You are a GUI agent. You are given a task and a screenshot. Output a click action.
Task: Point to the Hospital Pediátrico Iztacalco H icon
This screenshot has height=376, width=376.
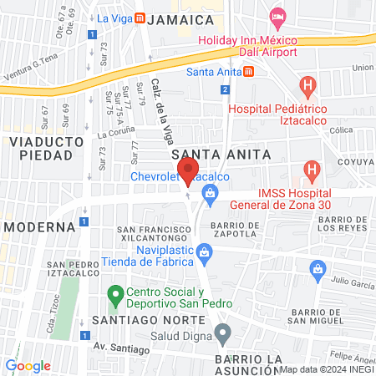tap(308, 85)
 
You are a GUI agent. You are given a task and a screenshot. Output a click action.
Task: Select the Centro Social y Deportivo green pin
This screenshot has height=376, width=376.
tap(113, 297)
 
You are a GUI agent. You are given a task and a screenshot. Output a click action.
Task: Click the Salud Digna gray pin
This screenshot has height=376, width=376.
tap(222, 335)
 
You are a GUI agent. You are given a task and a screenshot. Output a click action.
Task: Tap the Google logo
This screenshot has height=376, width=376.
tap(28, 365)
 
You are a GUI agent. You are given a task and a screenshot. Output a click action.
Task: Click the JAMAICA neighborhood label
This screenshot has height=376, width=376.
tap(178, 20)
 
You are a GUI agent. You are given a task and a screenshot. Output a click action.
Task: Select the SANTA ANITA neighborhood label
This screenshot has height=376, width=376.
tap(210, 155)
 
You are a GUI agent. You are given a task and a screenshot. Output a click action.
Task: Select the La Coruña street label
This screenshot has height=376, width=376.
tap(114, 133)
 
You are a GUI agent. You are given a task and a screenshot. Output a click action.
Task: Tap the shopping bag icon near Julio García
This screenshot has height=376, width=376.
tap(317, 269)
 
